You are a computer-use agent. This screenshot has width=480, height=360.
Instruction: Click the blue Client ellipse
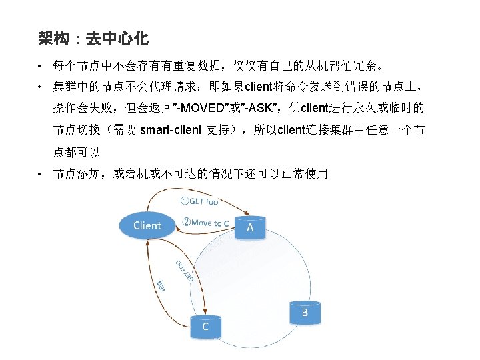click(x=147, y=226)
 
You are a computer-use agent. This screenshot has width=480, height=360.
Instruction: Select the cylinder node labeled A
click(x=250, y=229)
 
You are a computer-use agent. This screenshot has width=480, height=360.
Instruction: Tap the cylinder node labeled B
click(x=305, y=313)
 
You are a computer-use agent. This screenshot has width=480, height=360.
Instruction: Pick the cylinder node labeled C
click(x=205, y=327)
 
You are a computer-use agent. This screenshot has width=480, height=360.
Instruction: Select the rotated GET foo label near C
click(x=185, y=269)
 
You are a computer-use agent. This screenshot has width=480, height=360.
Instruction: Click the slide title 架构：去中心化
click(x=93, y=39)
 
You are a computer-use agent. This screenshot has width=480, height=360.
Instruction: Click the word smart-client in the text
click(x=171, y=130)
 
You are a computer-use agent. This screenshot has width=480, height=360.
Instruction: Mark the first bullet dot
click(x=41, y=67)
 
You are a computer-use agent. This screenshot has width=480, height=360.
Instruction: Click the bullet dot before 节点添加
click(x=41, y=175)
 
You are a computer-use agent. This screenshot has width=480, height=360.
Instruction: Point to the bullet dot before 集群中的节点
click(x=41, y=87)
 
